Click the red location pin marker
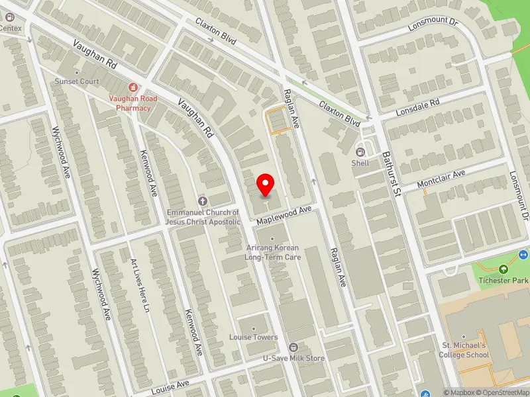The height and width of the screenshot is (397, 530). click(x=266, y=184)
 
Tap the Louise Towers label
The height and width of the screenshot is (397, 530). click(x=254, y=337)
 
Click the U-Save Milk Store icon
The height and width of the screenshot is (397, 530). click(x=294, y=347)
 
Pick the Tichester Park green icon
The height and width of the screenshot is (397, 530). click(x=503, y=269)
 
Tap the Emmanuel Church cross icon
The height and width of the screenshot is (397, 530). click(x=203, y=200)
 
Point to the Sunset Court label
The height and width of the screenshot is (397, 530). click(x=77, y=81)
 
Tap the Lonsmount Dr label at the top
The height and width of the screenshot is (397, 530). click(x=433, y=22)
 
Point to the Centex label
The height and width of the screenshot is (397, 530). click(x=11, y=28)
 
